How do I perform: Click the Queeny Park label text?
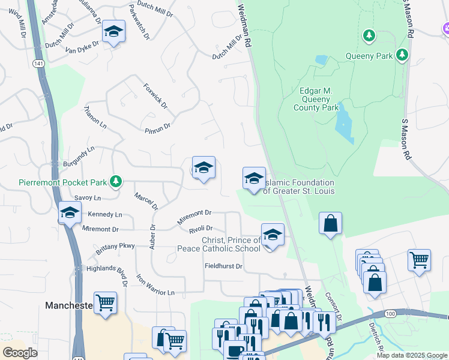pyautogui.click(x=369, y=56)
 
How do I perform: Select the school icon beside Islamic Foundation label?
pyautogui.click(x=254, y=179)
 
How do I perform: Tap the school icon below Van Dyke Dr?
pyautogui.click(x=113, y=32)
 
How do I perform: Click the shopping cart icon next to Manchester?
pyautogui.click(x=105, y=302)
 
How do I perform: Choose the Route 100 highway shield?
pyautogui.click(x=390, y=314)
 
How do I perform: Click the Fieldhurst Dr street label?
pyautogui.click(x=223, y=266)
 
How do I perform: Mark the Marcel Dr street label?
pyautogui.click(x=145, y=201)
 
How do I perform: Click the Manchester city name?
pyautogui.click(x=68, y=305)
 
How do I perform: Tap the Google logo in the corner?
pyautogui.click(x=20, y=352)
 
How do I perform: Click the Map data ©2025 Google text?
pyautogui.click(x=411, y=355)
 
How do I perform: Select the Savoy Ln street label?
pyautogui.click(x=87, y=197)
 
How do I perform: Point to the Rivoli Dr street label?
pyautogui.click(x=201, y=229)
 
